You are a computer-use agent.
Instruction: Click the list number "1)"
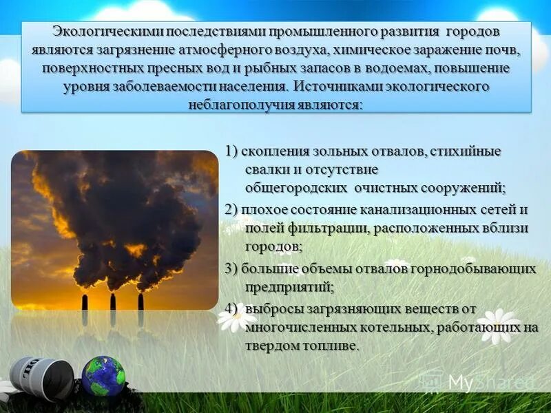[232, 151]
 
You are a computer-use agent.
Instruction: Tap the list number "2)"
[232, 210]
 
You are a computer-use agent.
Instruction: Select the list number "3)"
[232, 268]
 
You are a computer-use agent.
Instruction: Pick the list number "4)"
[232, 308]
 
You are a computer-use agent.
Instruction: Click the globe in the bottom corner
[103, 376]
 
